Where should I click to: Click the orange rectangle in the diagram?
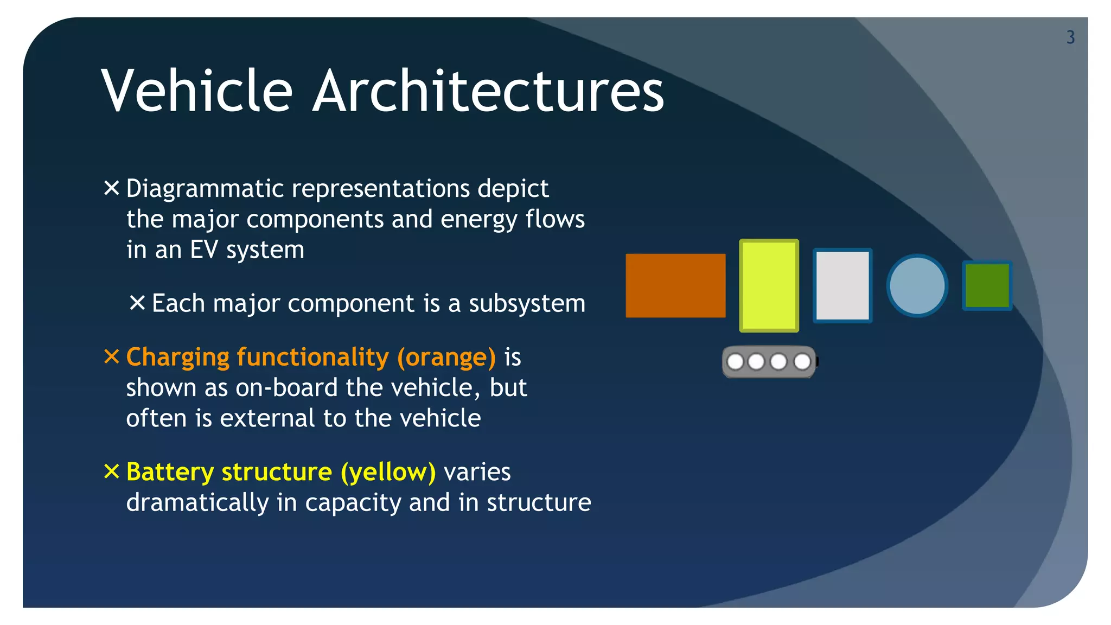pyautogui.click(x=675, y=285)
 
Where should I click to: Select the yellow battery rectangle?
pyautogui.click(x=769, y=285)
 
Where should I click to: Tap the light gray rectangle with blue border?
pyautogui.click(x=842, y=285)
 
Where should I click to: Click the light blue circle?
pyautogui.click(x=917, y=285)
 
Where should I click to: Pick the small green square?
pyautogui.click(x=987, y=285)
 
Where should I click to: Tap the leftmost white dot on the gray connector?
pyautogui.click(x=735, y=362)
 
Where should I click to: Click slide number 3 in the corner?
pyautogui.click(x=1070, y=37)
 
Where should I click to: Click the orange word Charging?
pyautogui.click(x=178, y=358)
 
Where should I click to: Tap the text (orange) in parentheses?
pyautogui.click(x=446, y=358)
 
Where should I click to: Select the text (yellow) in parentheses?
pyautogui.click(x=388, y=472)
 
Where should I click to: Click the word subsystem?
pyautogui.click(x=527, y=303)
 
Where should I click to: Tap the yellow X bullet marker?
pyautogui.click(x=111, y=471)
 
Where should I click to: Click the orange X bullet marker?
pyautogui.click(x=111, y=357)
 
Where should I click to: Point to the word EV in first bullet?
pyautogui.click(x=204, y=250)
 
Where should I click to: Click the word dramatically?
pyautogui.click(x=197, y=503)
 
